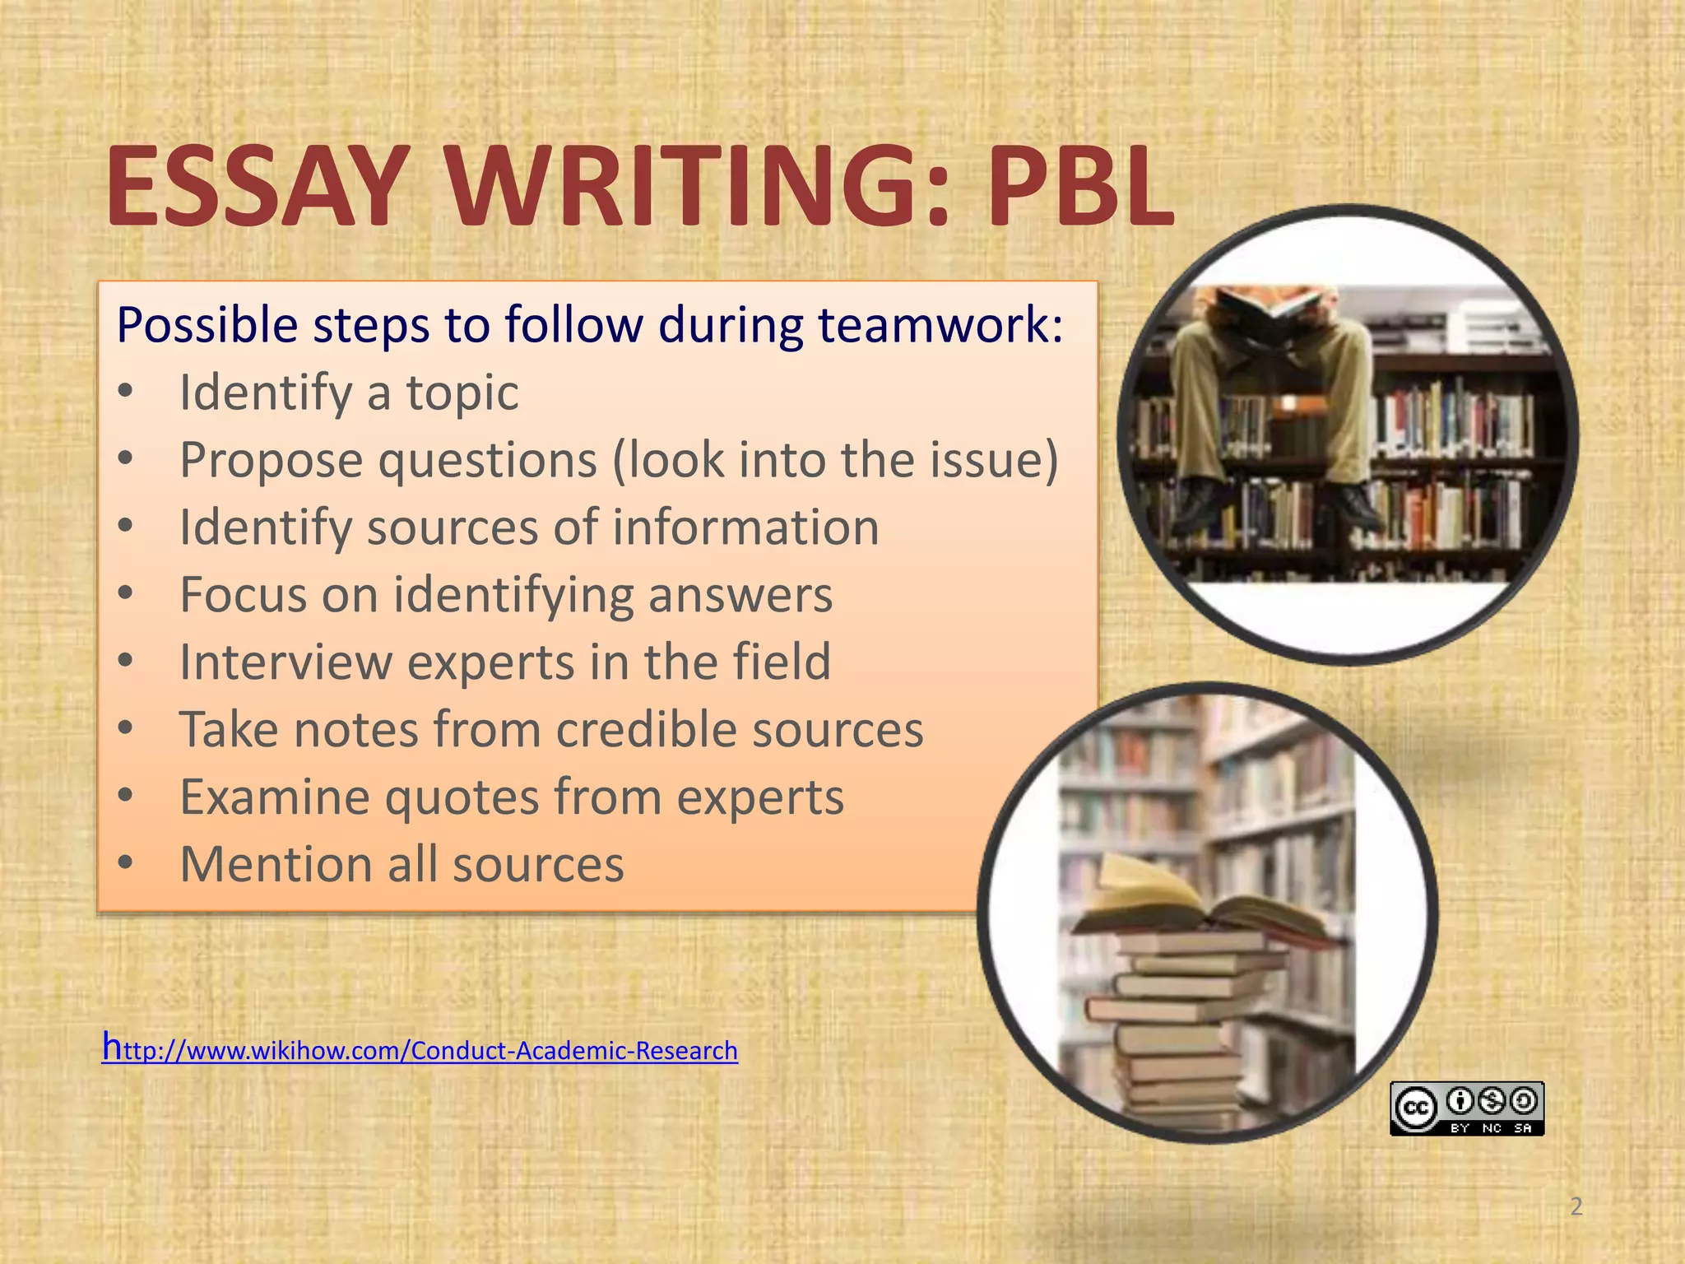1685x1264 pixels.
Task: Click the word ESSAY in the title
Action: click(255, 188)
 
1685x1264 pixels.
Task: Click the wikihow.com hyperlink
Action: click(420, 1050)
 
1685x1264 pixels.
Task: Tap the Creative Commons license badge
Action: click(1466, 1108)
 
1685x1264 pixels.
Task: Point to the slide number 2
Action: click(1576, 1206)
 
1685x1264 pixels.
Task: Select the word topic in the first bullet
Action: click(462, 393)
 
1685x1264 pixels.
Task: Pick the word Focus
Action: click(244, 595)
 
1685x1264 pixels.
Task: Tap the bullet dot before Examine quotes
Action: click(125, 796)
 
